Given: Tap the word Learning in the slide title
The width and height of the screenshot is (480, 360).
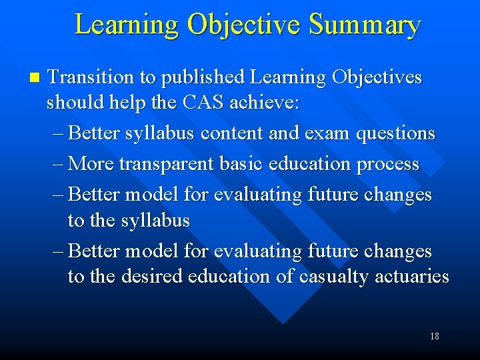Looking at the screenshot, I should pyautogui.click(x=127, y=25).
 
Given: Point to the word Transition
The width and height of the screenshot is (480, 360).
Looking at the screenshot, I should pyautogui.click(x=91, y=77).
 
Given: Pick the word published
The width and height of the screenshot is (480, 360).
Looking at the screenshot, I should pyautogui.click(x=201, y=78).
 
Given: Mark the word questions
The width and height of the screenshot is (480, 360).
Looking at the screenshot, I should pyautogui.click(x=396, y=134).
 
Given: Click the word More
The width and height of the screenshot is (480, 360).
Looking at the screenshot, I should pyautogui.click(x=92, y=163).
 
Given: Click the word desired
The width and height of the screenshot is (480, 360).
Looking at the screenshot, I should pyautogui.click(x=148, y=277).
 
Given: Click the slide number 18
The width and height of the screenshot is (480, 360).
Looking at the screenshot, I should pyautogui.click(x=434, y=336).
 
